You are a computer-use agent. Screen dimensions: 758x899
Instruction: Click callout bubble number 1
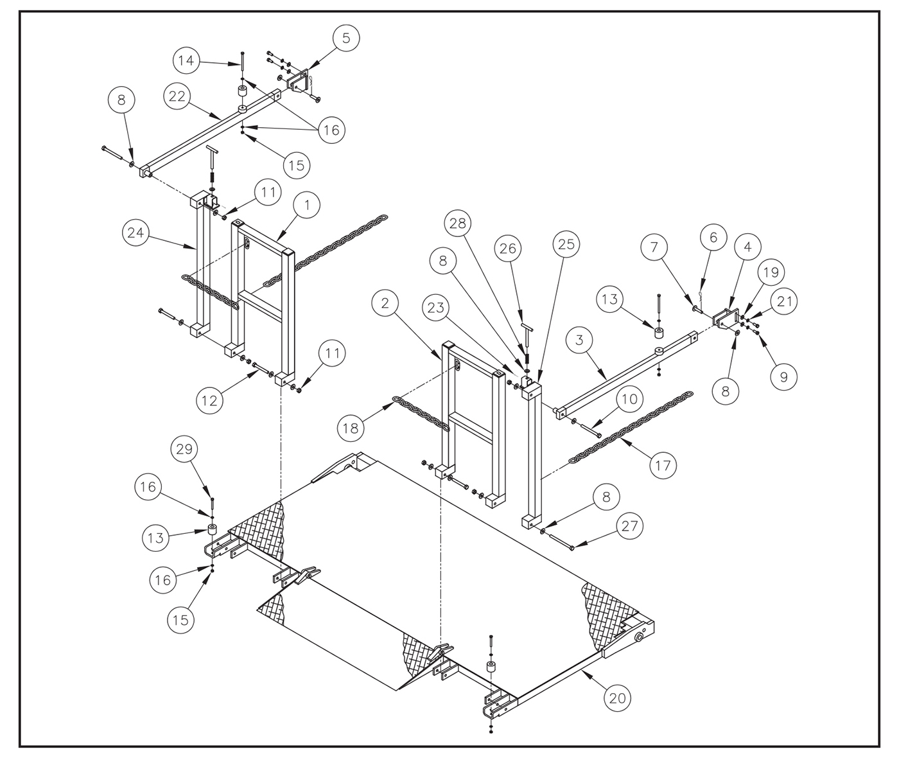pos(308,206)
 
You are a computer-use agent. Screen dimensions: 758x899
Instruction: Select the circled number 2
pos(385,303)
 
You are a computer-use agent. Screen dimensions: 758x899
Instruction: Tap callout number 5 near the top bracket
pos(346,38)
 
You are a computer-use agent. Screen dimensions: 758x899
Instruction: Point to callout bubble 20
pos(616,698)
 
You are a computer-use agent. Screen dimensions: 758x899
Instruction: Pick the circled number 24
pos(135,233)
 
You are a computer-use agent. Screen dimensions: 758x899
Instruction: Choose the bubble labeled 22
pos(177,96)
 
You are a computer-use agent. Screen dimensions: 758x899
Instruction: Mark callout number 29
pos(184,449)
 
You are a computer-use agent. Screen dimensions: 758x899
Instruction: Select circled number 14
pos(186,61)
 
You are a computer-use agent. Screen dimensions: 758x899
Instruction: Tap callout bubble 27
pos(630,526)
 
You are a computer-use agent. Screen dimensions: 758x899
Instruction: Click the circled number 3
pos(579,340)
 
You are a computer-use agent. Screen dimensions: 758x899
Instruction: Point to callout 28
pos(459,224)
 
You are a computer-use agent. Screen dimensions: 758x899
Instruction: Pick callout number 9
pos(783,377)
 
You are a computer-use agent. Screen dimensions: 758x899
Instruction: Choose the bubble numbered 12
pos(209,401)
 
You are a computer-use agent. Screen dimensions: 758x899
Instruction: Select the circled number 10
pos(630,399)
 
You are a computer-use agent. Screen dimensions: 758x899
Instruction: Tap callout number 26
pos(508,248)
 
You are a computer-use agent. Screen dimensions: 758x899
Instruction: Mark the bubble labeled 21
pos(783,301)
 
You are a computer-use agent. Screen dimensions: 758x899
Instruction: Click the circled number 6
pos(713,237)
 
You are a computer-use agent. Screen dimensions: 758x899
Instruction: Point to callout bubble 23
pos(436,308)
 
